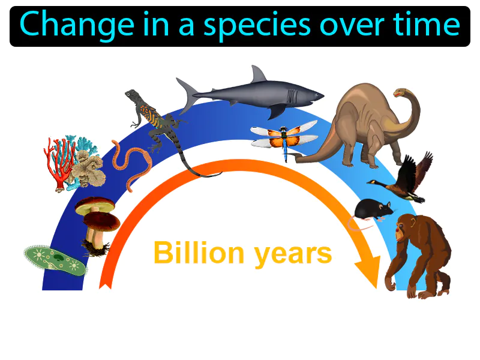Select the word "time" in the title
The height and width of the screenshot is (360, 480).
click(x=429, y=25)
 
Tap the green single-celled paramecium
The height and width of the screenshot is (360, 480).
click(x=54, y=259)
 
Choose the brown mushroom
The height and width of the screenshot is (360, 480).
click(x=96, y=219)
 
